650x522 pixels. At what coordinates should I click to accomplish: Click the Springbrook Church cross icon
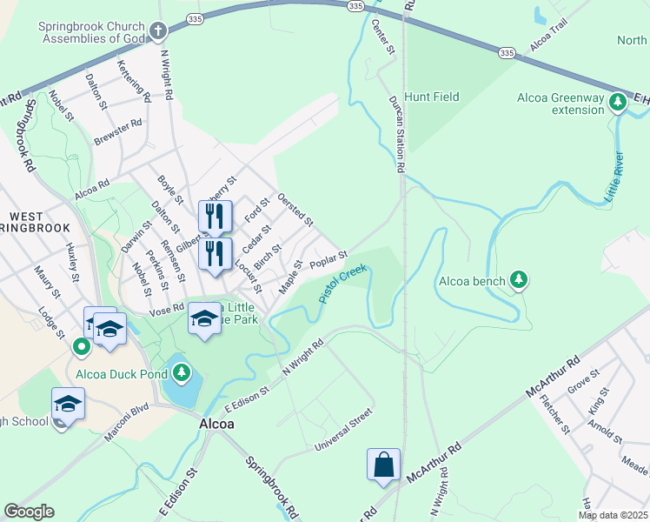[157, 32]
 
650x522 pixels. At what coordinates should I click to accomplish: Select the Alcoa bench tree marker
[519, 279]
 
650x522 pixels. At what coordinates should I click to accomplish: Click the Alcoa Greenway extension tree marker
[618, 103]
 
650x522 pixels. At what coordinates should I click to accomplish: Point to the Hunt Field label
[432, 97]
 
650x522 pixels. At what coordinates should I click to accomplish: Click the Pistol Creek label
[344, 284]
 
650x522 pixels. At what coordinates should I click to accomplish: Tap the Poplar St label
[328, 259]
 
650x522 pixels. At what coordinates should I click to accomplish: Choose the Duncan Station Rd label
[398, 133]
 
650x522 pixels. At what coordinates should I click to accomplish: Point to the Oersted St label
[295, 210]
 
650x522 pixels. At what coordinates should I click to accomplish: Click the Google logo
[29, 512]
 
